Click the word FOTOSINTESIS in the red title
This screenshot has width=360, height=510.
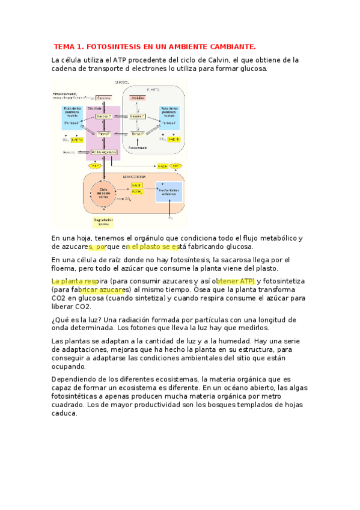(112, 46)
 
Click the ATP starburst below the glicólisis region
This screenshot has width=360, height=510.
(94, 165)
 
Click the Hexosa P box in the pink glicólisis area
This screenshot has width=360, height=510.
(103, 116)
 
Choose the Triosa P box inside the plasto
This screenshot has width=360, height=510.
(138, 133)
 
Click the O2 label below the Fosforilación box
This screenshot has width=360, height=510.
(170, 216)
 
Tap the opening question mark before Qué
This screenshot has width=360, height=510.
(53, 319)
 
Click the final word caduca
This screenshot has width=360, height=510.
(64, 413)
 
